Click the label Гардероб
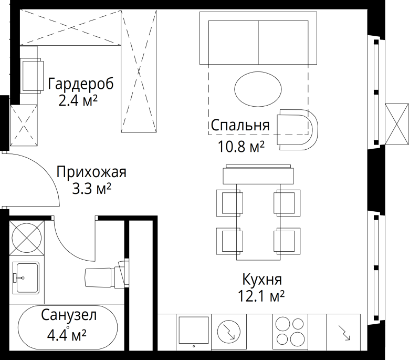pos(80,84)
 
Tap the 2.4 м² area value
pos(79,100)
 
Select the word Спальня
pos(240,125)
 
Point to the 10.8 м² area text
pos(241,146)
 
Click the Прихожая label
pos(91,172)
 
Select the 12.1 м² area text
pos(261,297)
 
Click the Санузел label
pos(69,315)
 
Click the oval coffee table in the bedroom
pos(257,88)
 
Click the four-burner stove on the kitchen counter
pos(289,331)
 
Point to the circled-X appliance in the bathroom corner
pos(27,238)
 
